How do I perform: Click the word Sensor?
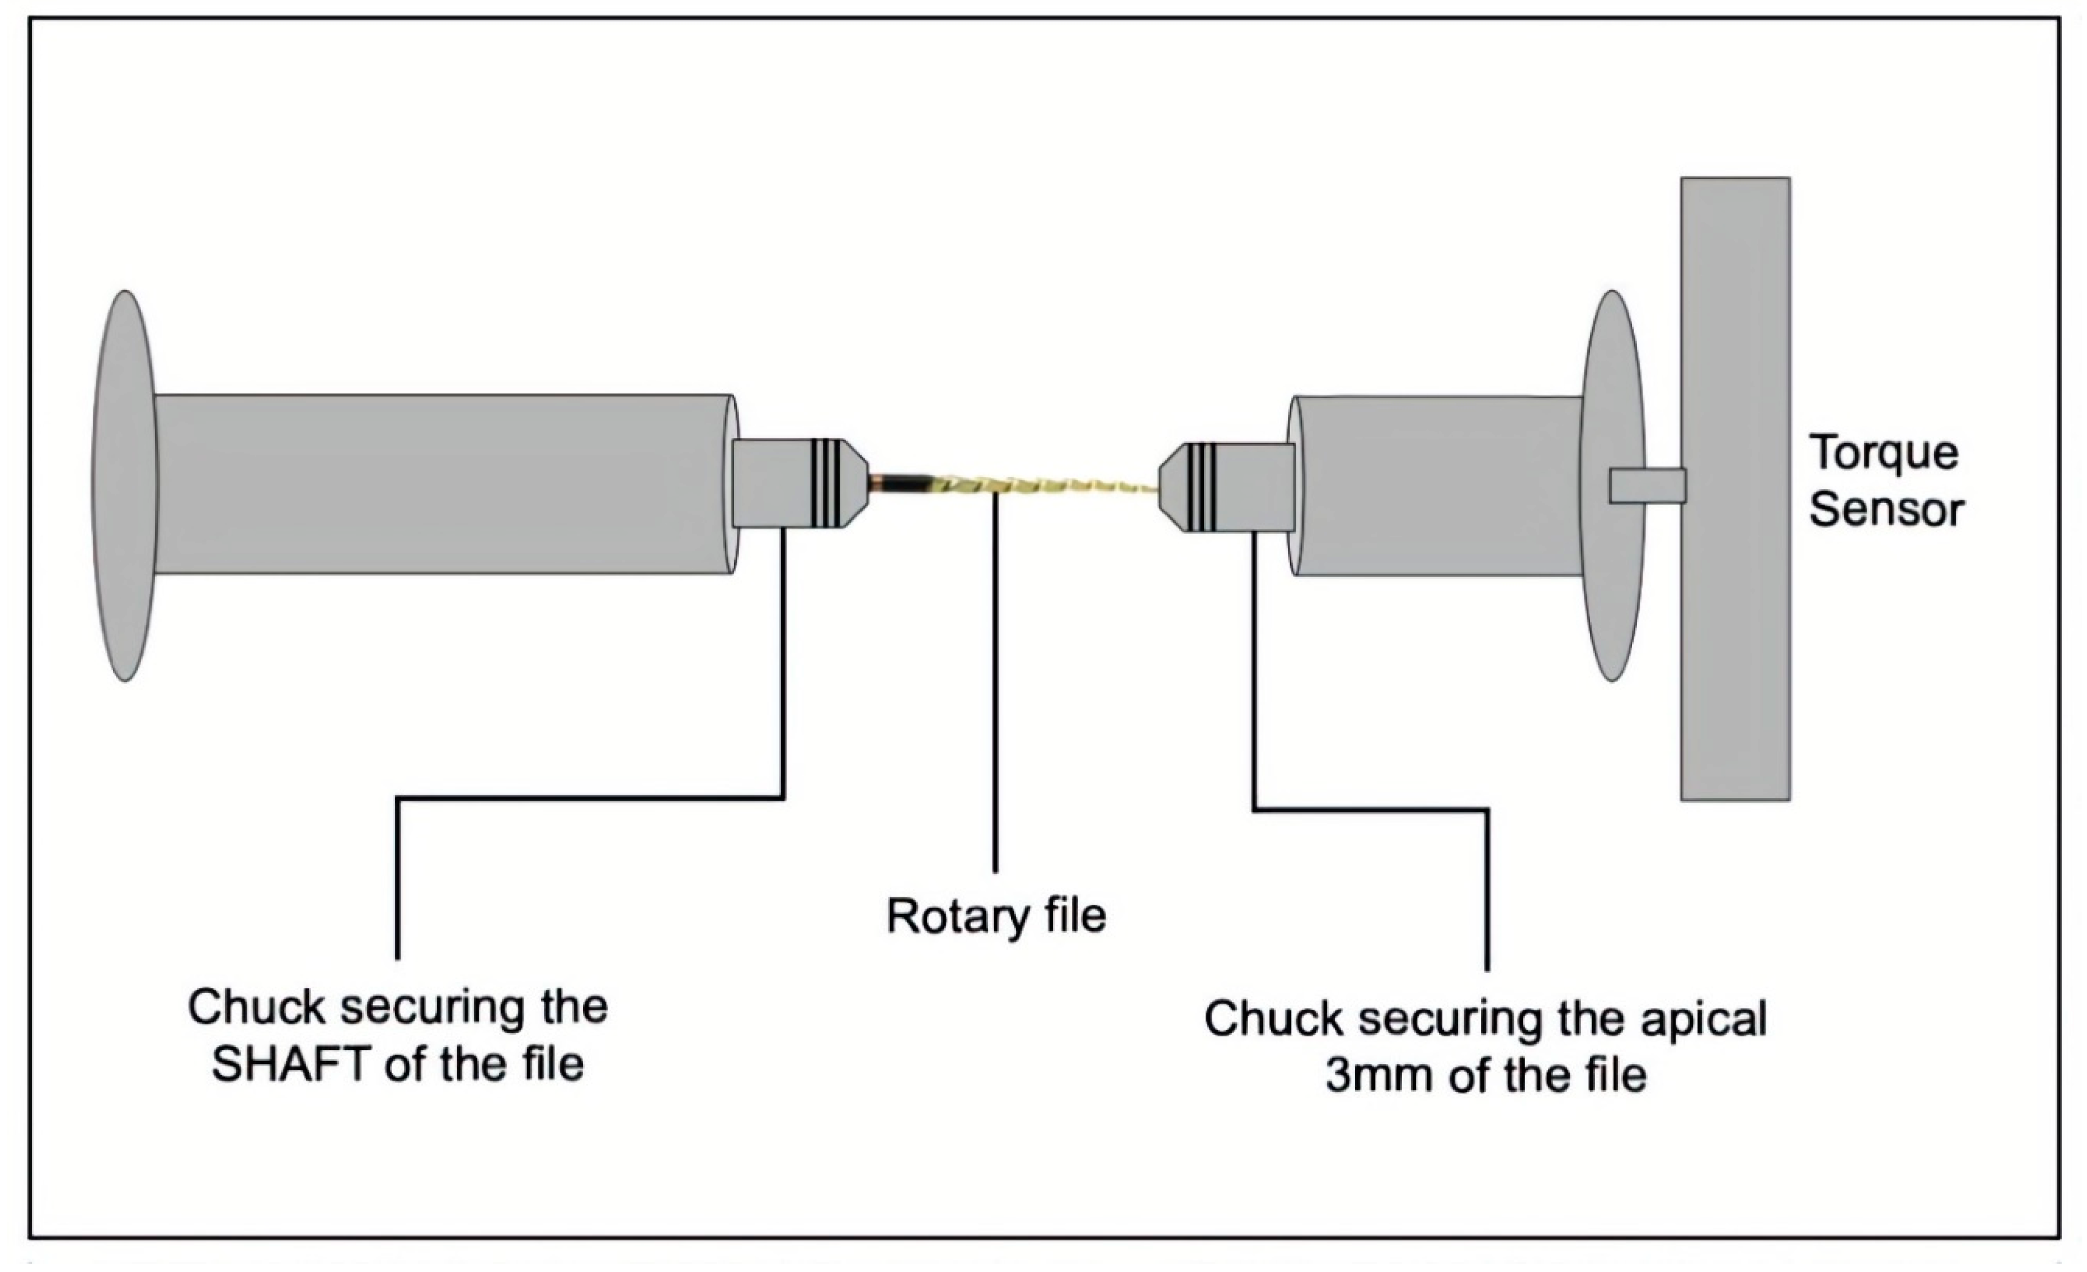1885,510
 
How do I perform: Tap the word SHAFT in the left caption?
292,1064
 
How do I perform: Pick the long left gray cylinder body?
440,484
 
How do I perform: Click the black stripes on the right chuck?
1201,487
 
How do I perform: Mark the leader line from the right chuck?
1254,677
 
